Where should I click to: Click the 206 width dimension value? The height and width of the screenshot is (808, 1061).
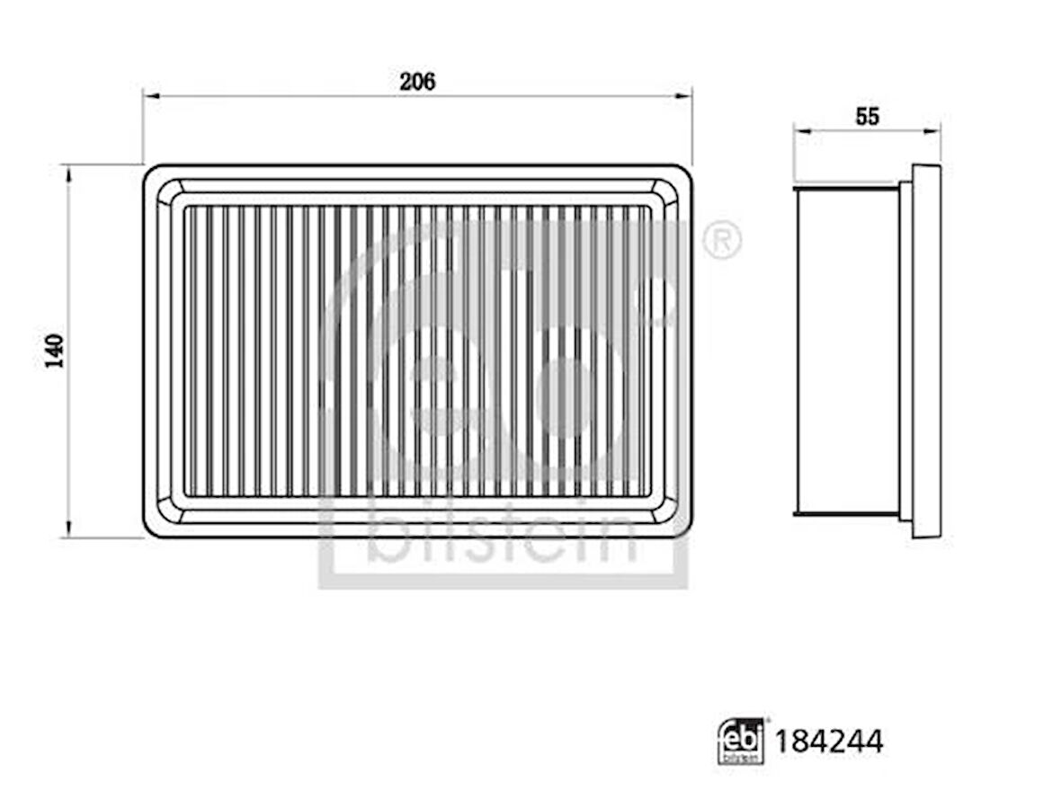click(x=417, y=82)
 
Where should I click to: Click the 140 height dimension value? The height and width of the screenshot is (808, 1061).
click(x=54, y=351)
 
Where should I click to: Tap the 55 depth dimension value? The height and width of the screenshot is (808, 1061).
click(x=867, y=117)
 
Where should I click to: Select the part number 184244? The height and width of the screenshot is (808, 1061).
click(x=829, y=741)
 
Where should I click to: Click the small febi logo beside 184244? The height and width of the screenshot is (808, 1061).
click(x=741, y=741)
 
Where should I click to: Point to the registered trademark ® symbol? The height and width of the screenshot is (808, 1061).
click(x=722, y=239)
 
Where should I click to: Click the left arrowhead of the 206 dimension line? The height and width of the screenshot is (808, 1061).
click(x=150, y=97)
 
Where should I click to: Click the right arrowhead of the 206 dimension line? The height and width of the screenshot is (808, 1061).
click(x=684, y=97)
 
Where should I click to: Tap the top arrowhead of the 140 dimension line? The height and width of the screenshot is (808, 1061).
click(x=67, y=173)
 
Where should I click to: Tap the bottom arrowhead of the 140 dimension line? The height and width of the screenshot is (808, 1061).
click(x=67, y=529)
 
